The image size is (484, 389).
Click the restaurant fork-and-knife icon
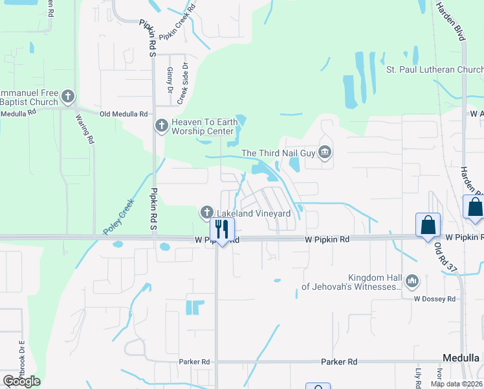click(x=222, y=228)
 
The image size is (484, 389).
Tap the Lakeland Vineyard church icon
click(x=206, y=212)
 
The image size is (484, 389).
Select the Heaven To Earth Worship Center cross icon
click(x=162, y=126)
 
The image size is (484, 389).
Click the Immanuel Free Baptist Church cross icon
click(x=68, y=97)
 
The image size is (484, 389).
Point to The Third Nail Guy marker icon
click(x=325, y=153)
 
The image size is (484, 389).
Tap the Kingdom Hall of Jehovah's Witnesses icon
click(x=412, y=281)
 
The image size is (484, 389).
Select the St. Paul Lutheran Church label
click(x=434, y=69)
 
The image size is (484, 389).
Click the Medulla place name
click(x=460, y=358)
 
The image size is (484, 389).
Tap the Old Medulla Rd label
click(x=124, y=113)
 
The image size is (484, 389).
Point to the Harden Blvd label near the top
click(x=450, y=21)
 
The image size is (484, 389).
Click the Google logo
click(x=21, y=381)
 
